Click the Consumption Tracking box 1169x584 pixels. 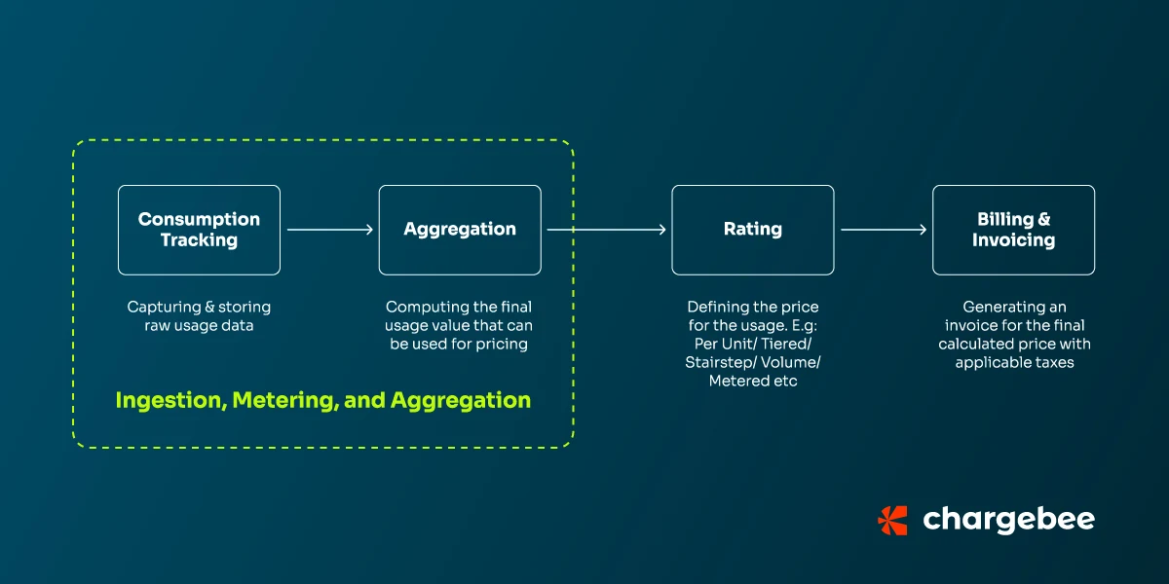tap(199, 230)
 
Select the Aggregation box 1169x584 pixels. tap(460, 230)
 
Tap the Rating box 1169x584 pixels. tap(752, 230)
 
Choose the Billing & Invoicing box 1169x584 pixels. tap(1013, 230)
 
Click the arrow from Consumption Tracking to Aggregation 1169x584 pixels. tap(330, 230)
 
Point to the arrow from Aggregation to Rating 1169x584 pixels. tap(606, 230)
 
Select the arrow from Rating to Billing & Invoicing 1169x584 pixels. tap(884, 230)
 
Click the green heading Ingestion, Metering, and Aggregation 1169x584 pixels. tap(323, 400)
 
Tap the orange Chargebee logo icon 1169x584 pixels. tap(892, 520)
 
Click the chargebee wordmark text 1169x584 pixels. tap(1008, 520)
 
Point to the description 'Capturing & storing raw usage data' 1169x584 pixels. tap(199, 316)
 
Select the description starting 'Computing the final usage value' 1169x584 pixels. tap(460, 325)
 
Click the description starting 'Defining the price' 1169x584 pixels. tap(752, 344)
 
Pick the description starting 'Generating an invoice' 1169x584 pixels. tap(1013, 335)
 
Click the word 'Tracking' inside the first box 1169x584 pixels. tap(199, 240)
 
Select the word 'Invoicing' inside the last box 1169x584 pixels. tap(1013, 240)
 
